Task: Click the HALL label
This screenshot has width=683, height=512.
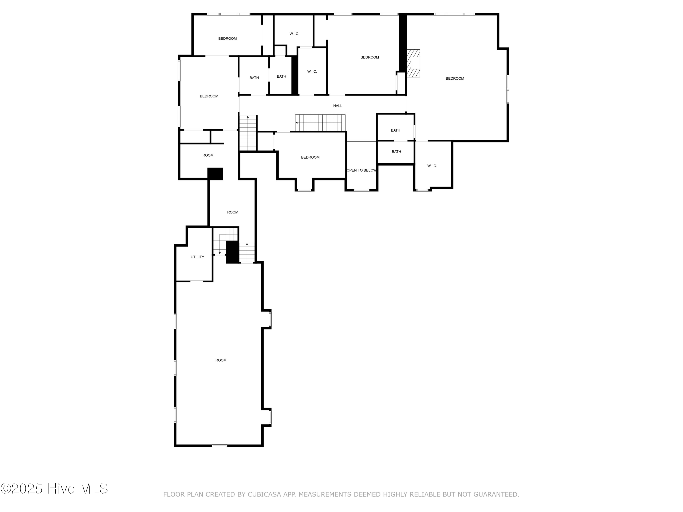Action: (337, 106)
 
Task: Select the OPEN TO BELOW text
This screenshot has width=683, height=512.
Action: (361, 170)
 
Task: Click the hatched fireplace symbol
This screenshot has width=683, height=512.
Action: (413, 63)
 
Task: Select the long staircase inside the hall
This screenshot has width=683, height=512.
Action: (321, 122)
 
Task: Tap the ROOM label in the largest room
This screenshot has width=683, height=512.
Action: (221, 360)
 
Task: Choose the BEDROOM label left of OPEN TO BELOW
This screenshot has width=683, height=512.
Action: (310, 157)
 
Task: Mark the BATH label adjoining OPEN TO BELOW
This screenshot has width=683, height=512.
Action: (396, 152)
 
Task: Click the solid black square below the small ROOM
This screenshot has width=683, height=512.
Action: (215, 174)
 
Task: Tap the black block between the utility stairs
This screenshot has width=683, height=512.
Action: (232, 252)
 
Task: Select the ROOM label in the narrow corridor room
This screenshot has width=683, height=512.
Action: (232, 212)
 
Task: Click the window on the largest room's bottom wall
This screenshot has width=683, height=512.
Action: (219, 446)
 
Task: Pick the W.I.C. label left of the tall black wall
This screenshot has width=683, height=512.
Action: (312, 72)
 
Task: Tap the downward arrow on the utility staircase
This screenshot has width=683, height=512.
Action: (219, 253)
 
